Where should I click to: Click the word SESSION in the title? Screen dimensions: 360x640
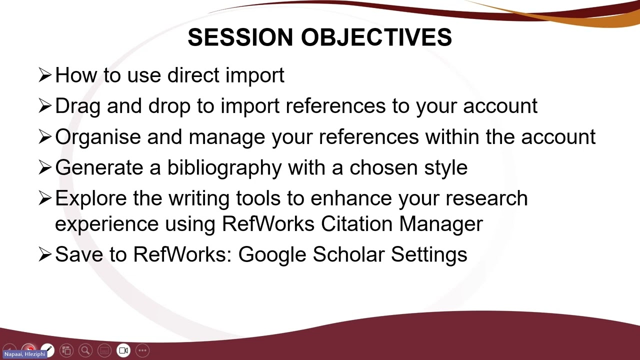[x=240, y=38]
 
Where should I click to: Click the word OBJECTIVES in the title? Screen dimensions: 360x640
[x=376, y=38]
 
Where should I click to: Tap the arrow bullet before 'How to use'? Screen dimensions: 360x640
[x=45, y=75]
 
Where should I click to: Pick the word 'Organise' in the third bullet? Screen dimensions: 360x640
[x=98, y=137]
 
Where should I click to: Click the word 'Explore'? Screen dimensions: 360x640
[x=91, y=198]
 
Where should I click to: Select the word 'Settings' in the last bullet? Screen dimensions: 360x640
[x=429, y=254]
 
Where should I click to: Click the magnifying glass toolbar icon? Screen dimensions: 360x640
[x=85, y=350]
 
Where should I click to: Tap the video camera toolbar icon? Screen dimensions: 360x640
[x=123, y=350]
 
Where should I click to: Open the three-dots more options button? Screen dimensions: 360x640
[x=142, y=350]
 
